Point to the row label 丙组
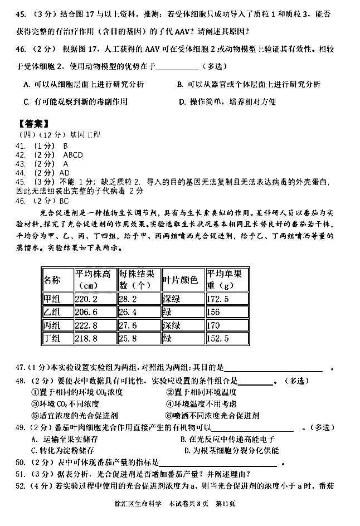point(52,325)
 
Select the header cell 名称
point(52,279)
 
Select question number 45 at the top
point(22,12)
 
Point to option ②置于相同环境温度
point(203,392)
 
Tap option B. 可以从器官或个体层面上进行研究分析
point(249,84)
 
